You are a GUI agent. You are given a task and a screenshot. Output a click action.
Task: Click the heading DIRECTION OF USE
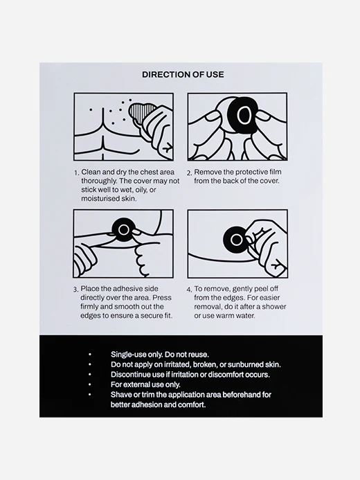(183, 75)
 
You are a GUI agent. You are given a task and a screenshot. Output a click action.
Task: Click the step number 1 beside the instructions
(76, 173)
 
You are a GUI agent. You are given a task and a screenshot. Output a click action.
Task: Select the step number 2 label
(189, 173)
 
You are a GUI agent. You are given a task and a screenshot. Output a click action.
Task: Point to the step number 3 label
(75, 290)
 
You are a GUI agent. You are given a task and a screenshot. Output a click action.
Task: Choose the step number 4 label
(189, 290)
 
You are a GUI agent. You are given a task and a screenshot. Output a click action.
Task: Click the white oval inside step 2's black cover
(244, 115)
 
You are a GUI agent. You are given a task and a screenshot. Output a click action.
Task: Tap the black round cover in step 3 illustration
(124, 229)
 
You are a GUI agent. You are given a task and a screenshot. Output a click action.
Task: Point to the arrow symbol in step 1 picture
(167, 148)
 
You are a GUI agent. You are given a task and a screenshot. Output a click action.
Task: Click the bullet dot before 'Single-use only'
(89, 355)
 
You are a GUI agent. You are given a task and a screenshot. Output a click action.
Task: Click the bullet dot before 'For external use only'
(89, 384)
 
